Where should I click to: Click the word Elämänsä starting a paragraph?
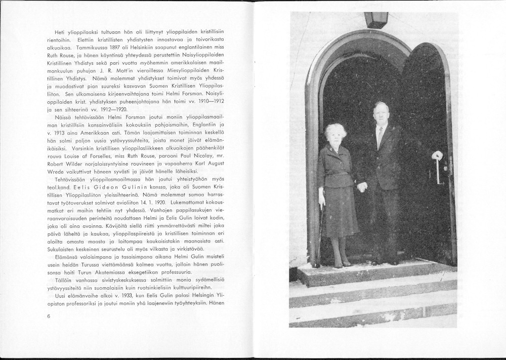click(68, 256)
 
